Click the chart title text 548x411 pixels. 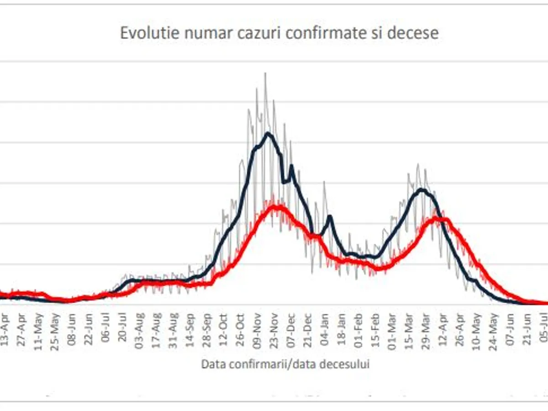pos(279,33)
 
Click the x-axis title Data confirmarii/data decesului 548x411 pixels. pos(285,364)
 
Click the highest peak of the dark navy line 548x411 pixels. pos(268,133)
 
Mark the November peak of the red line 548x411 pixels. pos(274,207)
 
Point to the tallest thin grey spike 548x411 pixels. pos(265,73)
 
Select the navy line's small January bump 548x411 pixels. pos(330,216)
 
